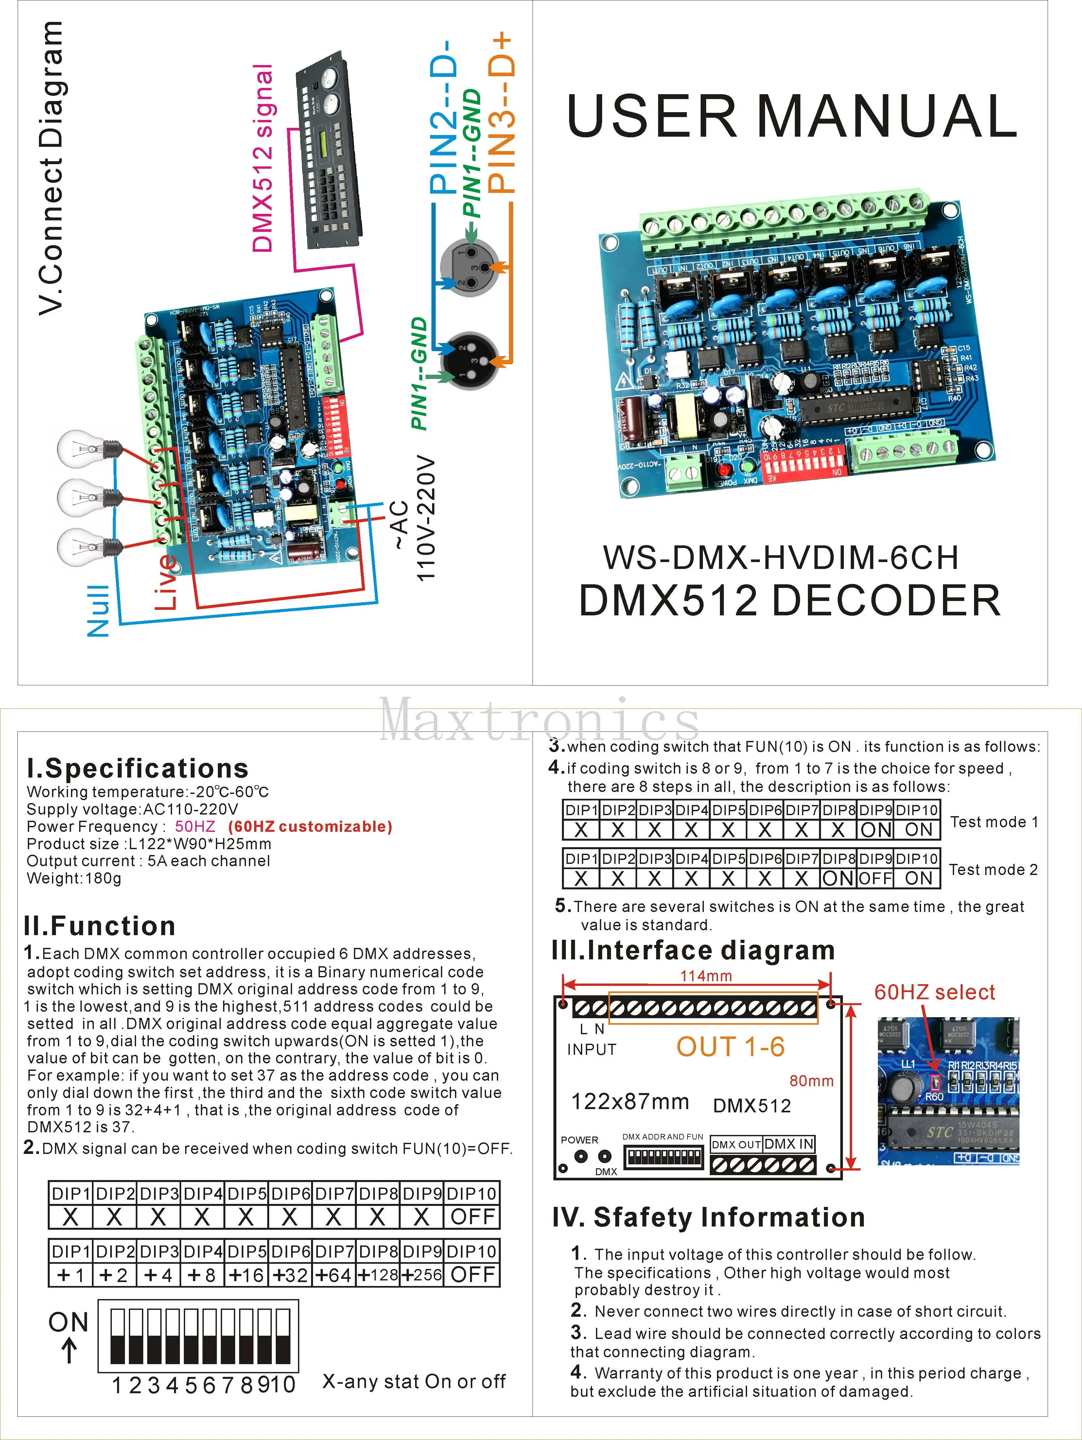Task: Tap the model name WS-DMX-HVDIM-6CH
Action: click(x=781, y=557)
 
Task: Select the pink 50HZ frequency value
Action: click(x=195, y=827)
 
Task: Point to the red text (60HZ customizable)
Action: click(x=310, y=827)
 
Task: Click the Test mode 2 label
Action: click(x=993, y=870)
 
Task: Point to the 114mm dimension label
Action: click(x=706, y=976)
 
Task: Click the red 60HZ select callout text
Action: click(x=934, y=992)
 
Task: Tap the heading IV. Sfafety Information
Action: click(x=708, y=1217)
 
